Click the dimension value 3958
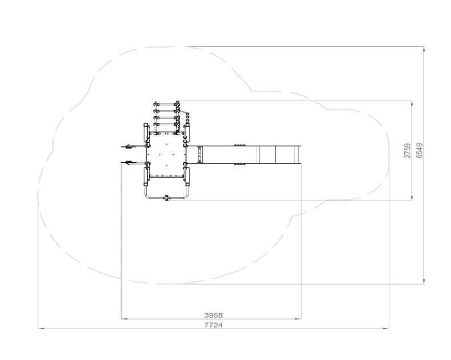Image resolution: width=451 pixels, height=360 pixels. [x=214, y=315]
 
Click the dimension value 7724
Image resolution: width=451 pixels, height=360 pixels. [x=214, y=325]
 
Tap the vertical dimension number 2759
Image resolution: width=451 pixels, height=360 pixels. [x=408, y=151]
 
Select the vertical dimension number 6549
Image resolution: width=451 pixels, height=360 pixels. [x=420, y=151]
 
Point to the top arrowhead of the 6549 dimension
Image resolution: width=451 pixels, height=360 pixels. [x=424, y=49]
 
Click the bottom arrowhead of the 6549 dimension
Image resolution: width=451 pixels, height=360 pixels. [x=424, y=281]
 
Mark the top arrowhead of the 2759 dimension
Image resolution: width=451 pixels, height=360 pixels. [x=412, y=103]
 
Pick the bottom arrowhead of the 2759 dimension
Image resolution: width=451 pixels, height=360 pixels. [x=412, y=198]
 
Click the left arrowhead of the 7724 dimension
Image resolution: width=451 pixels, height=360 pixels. [x=41, y=329]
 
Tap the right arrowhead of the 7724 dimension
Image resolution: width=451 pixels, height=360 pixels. [x=386, y=329]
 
